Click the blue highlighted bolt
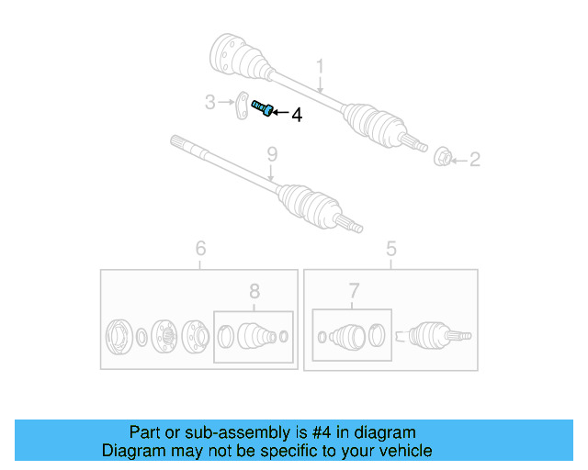coord(261,110)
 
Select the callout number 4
coord(296,116)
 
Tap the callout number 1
coord(321,66)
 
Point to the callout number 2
coord(475,161)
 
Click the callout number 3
coord(209,101)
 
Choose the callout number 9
coord(271,155)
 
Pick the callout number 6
coord(200,248)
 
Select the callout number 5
coord(390,248)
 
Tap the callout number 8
coord(254,291)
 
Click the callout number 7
coord(354,291)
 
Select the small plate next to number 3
coord(241,105)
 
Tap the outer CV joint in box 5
coord(432,337)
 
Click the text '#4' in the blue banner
coord(321,432)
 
